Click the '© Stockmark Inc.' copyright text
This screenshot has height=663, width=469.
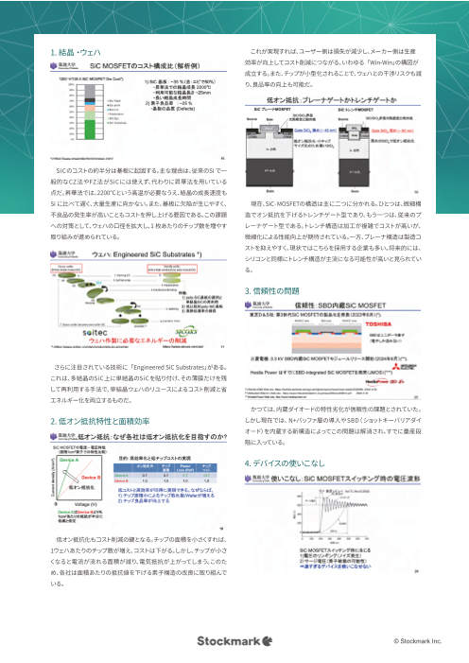pyautogui.click(x=411, y=642)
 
